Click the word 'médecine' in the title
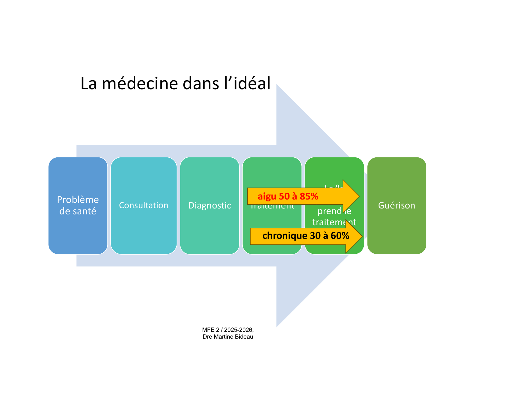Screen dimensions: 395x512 tap(140, 84)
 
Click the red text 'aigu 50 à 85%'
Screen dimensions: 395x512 tap(288, 196)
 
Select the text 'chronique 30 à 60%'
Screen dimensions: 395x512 tap(306, 236)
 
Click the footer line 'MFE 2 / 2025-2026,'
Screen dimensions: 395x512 tap(228, 330)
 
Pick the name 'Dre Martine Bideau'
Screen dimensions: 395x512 tap(228, 337)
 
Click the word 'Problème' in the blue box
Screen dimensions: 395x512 tap(78, 200)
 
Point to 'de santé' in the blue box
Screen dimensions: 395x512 tap(78, 211)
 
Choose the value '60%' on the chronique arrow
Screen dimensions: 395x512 tap(340, 236)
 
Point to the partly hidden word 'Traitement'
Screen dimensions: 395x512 tap(272, 207)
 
